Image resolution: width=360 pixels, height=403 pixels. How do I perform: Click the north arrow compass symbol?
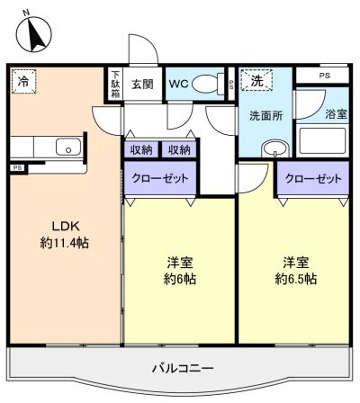33,33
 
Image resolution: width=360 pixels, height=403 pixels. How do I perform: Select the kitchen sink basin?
68,147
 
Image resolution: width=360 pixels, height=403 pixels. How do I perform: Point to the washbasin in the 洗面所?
274,148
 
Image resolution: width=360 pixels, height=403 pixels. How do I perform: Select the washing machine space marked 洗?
256,80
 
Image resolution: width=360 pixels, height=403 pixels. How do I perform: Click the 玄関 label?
142,85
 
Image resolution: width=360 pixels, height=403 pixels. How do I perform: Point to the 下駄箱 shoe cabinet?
115,85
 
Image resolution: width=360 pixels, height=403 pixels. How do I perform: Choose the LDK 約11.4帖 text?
65,235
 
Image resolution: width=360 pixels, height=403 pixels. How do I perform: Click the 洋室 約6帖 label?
180,271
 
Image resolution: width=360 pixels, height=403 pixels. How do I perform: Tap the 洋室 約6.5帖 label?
296,271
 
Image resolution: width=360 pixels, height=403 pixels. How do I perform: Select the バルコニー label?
183,368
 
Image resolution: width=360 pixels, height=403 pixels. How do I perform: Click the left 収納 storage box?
141,149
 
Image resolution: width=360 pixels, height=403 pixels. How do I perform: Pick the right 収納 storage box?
179,149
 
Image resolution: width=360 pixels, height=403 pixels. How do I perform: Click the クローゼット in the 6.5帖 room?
313,179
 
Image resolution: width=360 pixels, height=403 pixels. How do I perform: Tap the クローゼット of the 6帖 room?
160,179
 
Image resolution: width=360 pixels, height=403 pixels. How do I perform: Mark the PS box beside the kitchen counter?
18,168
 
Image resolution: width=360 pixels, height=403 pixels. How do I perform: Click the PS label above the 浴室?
324,76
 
